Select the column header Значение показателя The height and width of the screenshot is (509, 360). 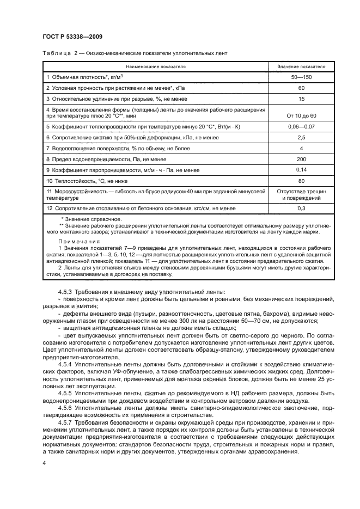click(301, 66)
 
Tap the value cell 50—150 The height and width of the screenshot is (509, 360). click(301, 77)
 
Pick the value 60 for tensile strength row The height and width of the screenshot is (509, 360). click(301, 88)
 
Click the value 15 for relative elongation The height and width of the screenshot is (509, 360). click(301, 99)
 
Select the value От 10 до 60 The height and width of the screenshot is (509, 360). click(301, 116)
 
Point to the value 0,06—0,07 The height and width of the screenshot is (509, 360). click(301, 126)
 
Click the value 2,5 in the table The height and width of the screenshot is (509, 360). click(301, 137)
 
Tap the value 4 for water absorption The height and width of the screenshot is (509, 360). click(301, 148)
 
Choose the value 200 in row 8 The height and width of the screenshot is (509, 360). click(301, 159)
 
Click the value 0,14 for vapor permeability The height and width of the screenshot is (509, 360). click(301, 170)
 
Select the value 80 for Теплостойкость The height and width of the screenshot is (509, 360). click(301, 181)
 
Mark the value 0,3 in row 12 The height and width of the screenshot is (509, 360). click(301, 208)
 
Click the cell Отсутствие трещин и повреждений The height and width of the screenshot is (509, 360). click(301, 195)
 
